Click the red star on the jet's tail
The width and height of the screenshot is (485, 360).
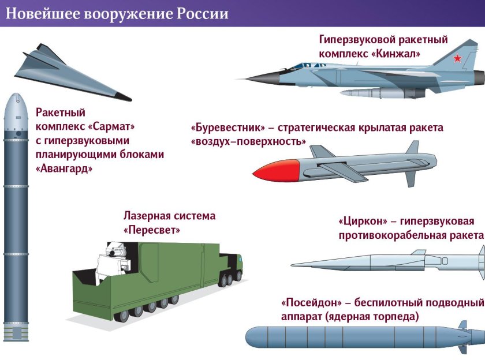pos(457,58)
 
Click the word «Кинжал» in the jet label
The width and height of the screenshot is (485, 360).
pos(394,54)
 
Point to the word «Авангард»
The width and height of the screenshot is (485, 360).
pos(64,168)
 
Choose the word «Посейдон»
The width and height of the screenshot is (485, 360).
pos(310,303)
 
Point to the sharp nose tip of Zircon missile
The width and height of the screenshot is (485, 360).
pos(293,265)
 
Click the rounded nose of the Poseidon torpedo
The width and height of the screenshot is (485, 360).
pos(251,337)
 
